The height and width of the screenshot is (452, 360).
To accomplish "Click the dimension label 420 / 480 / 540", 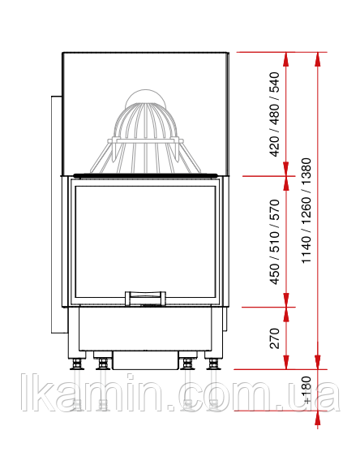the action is pyautogui.click(x=274, y=114).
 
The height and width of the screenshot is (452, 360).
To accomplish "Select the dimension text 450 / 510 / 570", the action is pyautogui.click(x=275, y=242).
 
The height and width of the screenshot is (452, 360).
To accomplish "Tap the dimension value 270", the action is pyautogui.click(x=275, y=338).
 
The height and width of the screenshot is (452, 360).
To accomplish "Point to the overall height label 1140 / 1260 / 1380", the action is pyautogui.click(x=306, y=210).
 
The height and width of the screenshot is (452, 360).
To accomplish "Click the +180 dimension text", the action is pyautogui.click(x=307, y=390).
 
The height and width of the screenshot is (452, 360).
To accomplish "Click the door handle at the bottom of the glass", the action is pyautogui.click(x=145, y=298).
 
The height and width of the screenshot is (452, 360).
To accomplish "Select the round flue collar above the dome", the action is pyautogui.click(x=146, y=98).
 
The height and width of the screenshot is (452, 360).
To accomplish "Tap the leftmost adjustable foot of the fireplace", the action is pyautogui.click(x=76, y=364).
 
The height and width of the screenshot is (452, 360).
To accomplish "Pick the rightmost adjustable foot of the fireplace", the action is pyautogui.click(x=213, y=364).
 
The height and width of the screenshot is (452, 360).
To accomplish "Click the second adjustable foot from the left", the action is pyautogui.click(x=102, y=364).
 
